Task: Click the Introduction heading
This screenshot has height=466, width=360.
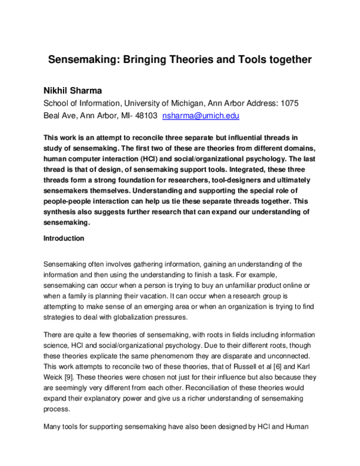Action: tap(64, 238)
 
